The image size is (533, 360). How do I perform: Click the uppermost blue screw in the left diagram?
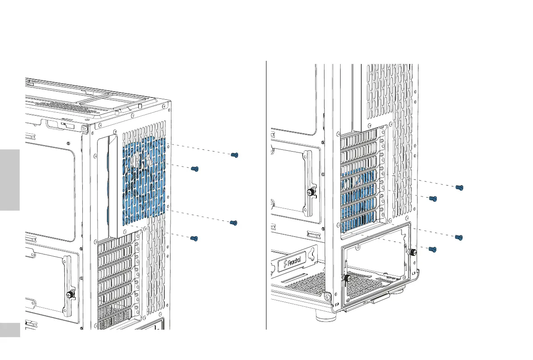coord(234,155)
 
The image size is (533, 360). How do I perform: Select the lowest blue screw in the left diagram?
coord(194,239)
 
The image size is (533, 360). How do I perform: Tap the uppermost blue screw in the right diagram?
coord(459,187)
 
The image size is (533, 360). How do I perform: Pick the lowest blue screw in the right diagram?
coord(432,249)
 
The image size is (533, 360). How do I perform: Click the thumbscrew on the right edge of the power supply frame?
coord(413,252)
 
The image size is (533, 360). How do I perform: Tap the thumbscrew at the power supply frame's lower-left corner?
coord(346,278)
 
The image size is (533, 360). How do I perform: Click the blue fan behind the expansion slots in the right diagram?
coord(360,201)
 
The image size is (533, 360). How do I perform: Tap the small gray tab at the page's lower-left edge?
coord(10,330)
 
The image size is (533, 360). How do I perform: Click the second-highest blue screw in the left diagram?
coord(194,169)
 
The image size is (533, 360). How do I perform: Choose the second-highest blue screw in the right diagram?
coord(432,198)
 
